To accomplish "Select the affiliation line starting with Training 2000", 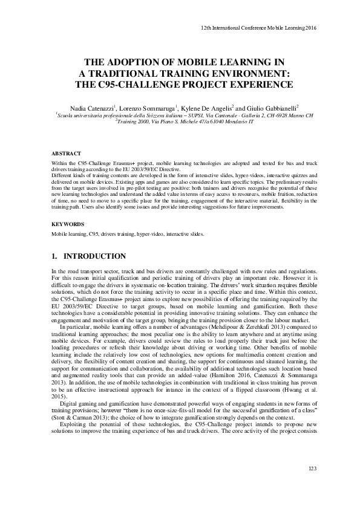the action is [185, 121].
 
